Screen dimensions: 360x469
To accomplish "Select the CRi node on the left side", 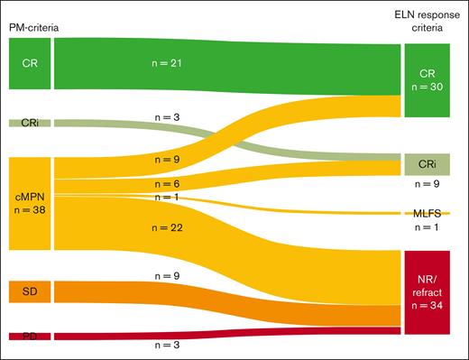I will point(30,123).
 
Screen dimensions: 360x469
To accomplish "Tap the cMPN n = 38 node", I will point(30,202).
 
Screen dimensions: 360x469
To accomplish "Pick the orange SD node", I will point(30,291).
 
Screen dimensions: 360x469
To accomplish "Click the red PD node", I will point(30,336).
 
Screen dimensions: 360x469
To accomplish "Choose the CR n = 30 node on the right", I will point(426,79).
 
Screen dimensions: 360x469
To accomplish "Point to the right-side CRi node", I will point(426,163).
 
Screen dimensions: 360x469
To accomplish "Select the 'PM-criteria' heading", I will point(32,29).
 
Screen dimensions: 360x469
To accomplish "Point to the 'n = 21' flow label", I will point(167,64).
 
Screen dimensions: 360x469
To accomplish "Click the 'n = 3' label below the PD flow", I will point(167,345).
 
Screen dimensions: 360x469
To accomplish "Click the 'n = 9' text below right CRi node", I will point(426,184).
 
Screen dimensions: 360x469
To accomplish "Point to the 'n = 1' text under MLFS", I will point(426,227).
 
